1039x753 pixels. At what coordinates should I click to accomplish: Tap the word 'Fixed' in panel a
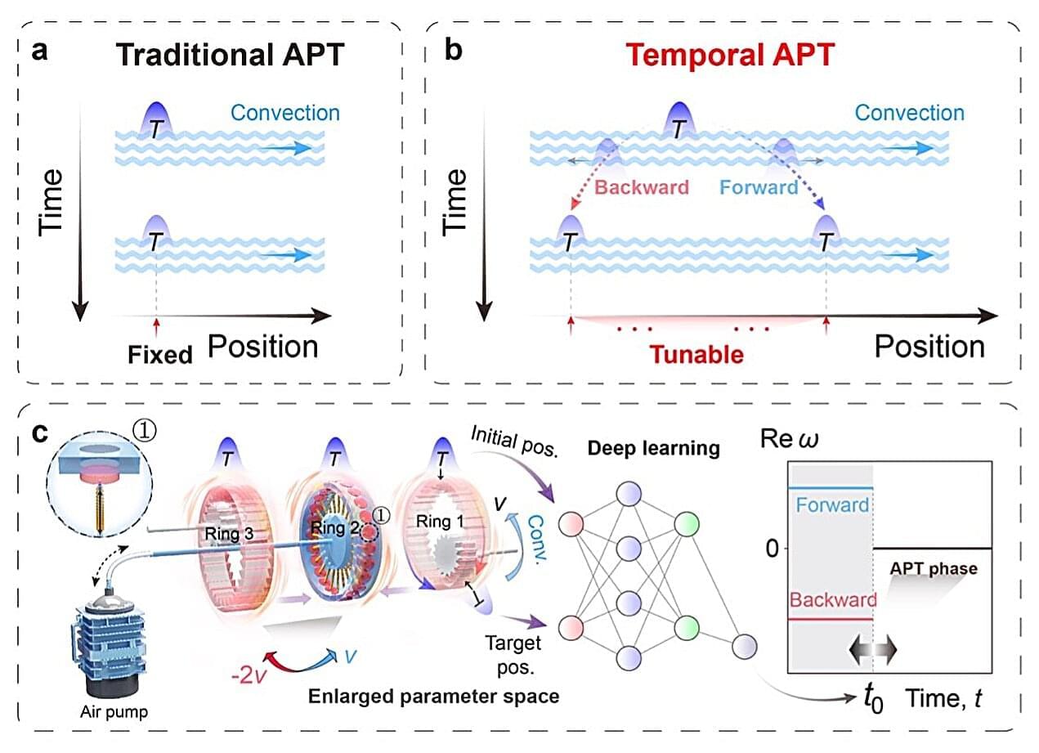pos(159,354)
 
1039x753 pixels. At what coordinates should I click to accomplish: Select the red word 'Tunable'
pos(696,354)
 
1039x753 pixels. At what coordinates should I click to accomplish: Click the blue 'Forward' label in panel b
pos(759,186)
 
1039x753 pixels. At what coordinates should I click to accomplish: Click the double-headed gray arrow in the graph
pos(874,649)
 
